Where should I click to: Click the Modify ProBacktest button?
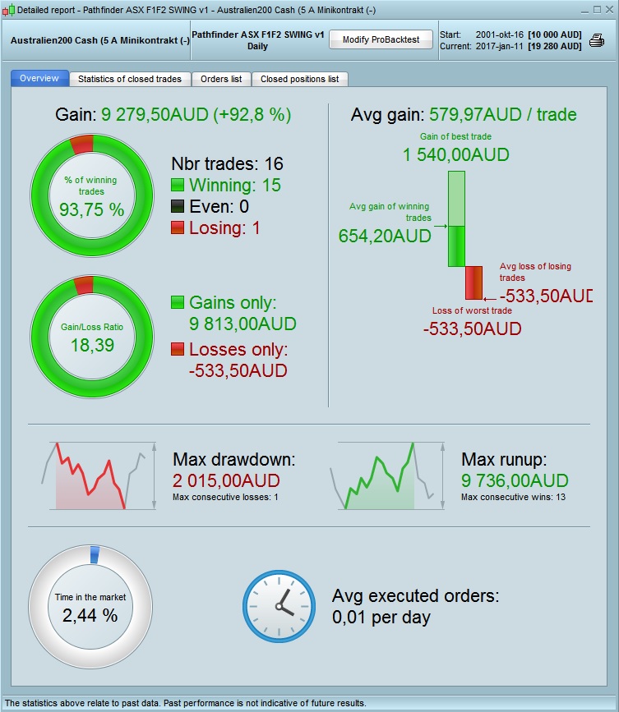point(380,40)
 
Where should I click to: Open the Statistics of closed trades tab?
point(131,79)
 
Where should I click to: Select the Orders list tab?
point(221,79)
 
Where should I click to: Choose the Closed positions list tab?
point(299,79)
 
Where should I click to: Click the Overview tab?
point(39,79)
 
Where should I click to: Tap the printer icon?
point(597,41)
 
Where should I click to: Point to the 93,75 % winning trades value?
point(91,209)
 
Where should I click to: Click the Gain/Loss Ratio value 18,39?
point(91,345)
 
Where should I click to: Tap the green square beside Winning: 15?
point(178,186)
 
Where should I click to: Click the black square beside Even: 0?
point(178,207)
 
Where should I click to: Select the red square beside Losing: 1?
point(178,228)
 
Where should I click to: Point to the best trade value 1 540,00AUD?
point(456,154)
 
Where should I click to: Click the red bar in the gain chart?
point(474,283)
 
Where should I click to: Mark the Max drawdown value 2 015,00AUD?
point(226,480)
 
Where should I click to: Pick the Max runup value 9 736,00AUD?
point(515,480)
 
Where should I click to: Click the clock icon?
point(279,606)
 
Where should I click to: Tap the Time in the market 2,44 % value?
point(90,614)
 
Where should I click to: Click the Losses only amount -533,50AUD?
point(238,370)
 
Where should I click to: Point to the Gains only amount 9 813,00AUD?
point(243,323)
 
